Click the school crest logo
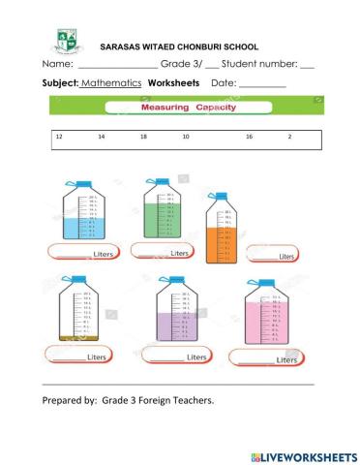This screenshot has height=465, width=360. point(66,41)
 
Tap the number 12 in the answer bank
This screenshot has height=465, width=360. point(59,139)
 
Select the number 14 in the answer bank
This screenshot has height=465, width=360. point(101,139)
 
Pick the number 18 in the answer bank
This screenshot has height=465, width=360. point(143,139)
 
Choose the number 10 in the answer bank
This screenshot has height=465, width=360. point(185,139)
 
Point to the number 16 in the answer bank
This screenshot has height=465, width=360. point(249,139)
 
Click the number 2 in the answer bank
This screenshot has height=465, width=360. point(289,139)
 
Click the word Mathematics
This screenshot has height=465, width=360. point(111,83)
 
